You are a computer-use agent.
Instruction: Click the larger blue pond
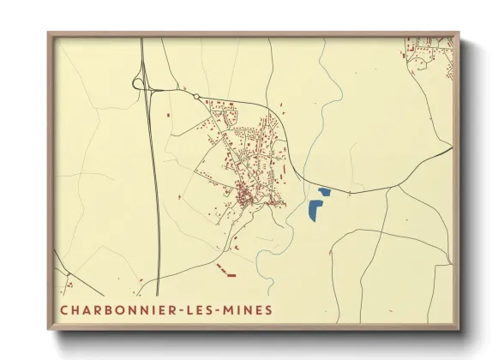point(315,208)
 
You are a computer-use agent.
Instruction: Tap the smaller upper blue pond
point(324,191)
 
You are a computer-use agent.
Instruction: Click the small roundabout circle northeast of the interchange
point(196,96)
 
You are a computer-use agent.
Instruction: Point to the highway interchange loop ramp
point(138,82)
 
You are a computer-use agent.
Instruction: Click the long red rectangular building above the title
point(231,275)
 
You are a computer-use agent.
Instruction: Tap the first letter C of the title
point(64,309)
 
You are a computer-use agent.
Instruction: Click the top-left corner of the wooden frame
point(49,33)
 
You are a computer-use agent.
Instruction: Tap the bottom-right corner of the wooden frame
point(459,330)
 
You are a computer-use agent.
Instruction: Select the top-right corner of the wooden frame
point(459,33)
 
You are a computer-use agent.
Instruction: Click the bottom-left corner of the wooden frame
point(49,330)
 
